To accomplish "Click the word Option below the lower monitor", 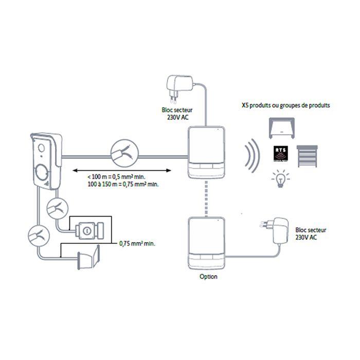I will click(208, 276).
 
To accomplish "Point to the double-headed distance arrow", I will click(124, 170).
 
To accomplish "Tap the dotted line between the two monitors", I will click(207, 198).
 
